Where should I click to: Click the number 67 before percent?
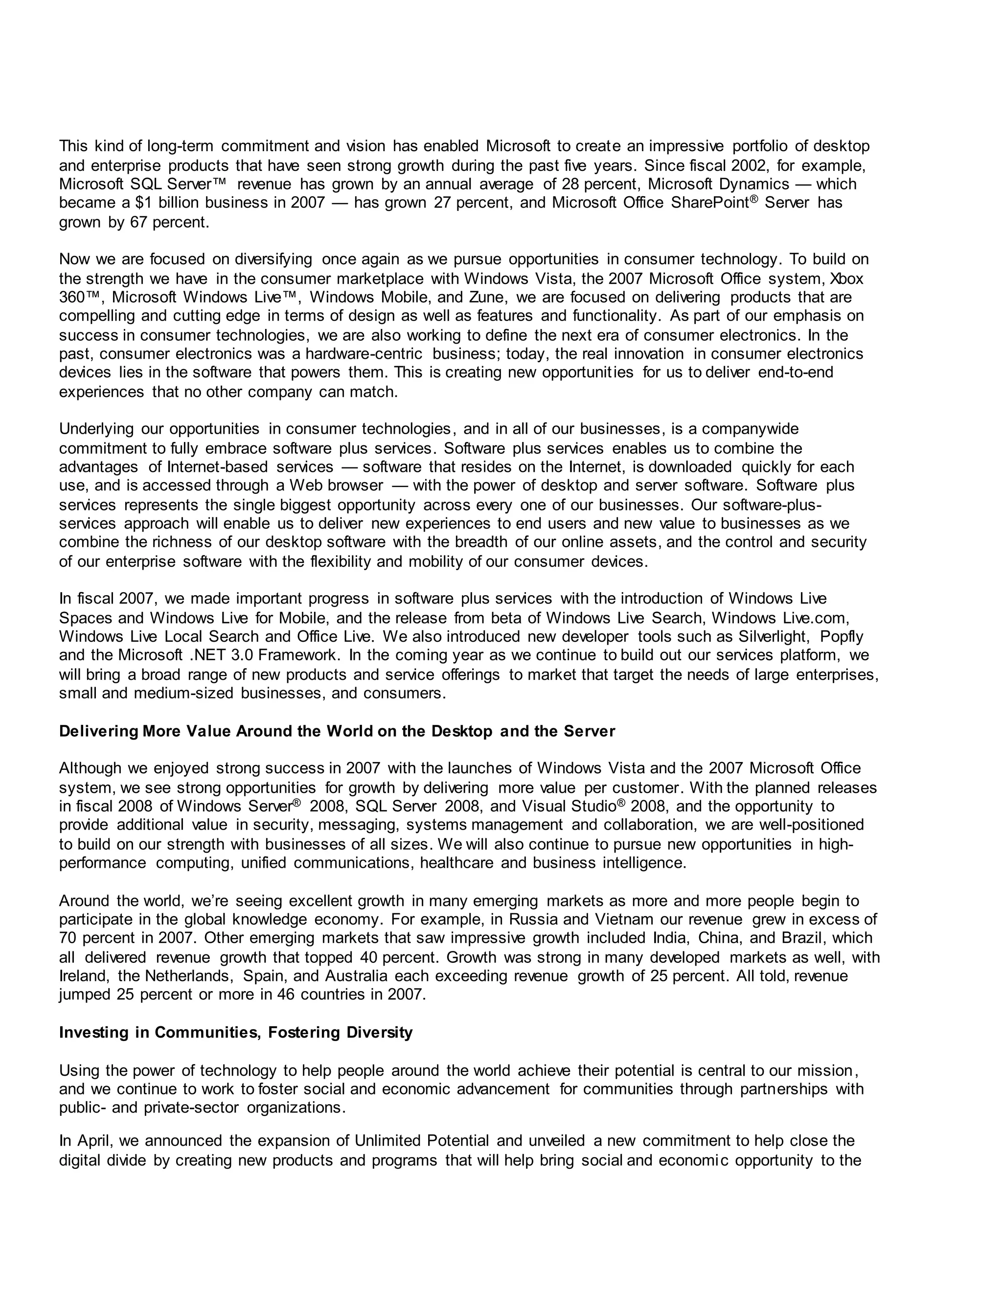pos(138,223)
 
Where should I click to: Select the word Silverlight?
pos(774,637)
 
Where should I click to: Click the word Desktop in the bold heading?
pos(462,732)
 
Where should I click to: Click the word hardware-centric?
pos(364,354)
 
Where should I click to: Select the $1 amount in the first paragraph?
pos(143,203)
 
